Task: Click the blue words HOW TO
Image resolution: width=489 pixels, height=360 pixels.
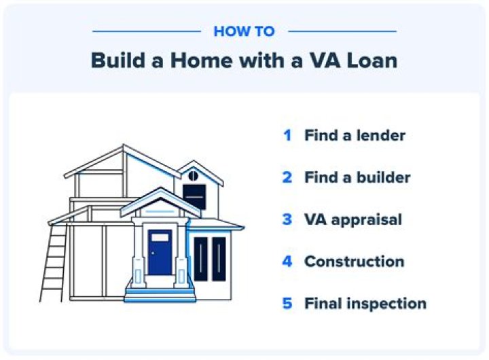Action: (x=244, y=31)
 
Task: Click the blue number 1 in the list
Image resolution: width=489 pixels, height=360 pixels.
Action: (x=287, y=135)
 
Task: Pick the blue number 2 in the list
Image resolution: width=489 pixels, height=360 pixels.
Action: (x=287, y=177)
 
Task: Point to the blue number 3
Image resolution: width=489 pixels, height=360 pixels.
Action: (x=287, y=219)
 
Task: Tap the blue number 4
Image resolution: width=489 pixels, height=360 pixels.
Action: (x=287, y=262)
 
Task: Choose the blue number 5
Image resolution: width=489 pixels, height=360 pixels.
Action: (x=287, y=304)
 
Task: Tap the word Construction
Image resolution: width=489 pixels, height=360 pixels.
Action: (x=354, y=262)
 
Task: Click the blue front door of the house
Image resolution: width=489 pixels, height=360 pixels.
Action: (x=160, y=251)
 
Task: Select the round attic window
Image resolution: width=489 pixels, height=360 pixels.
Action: (x=193, y=175)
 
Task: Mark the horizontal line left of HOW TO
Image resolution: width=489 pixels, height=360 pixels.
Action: (x=146, y=31)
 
